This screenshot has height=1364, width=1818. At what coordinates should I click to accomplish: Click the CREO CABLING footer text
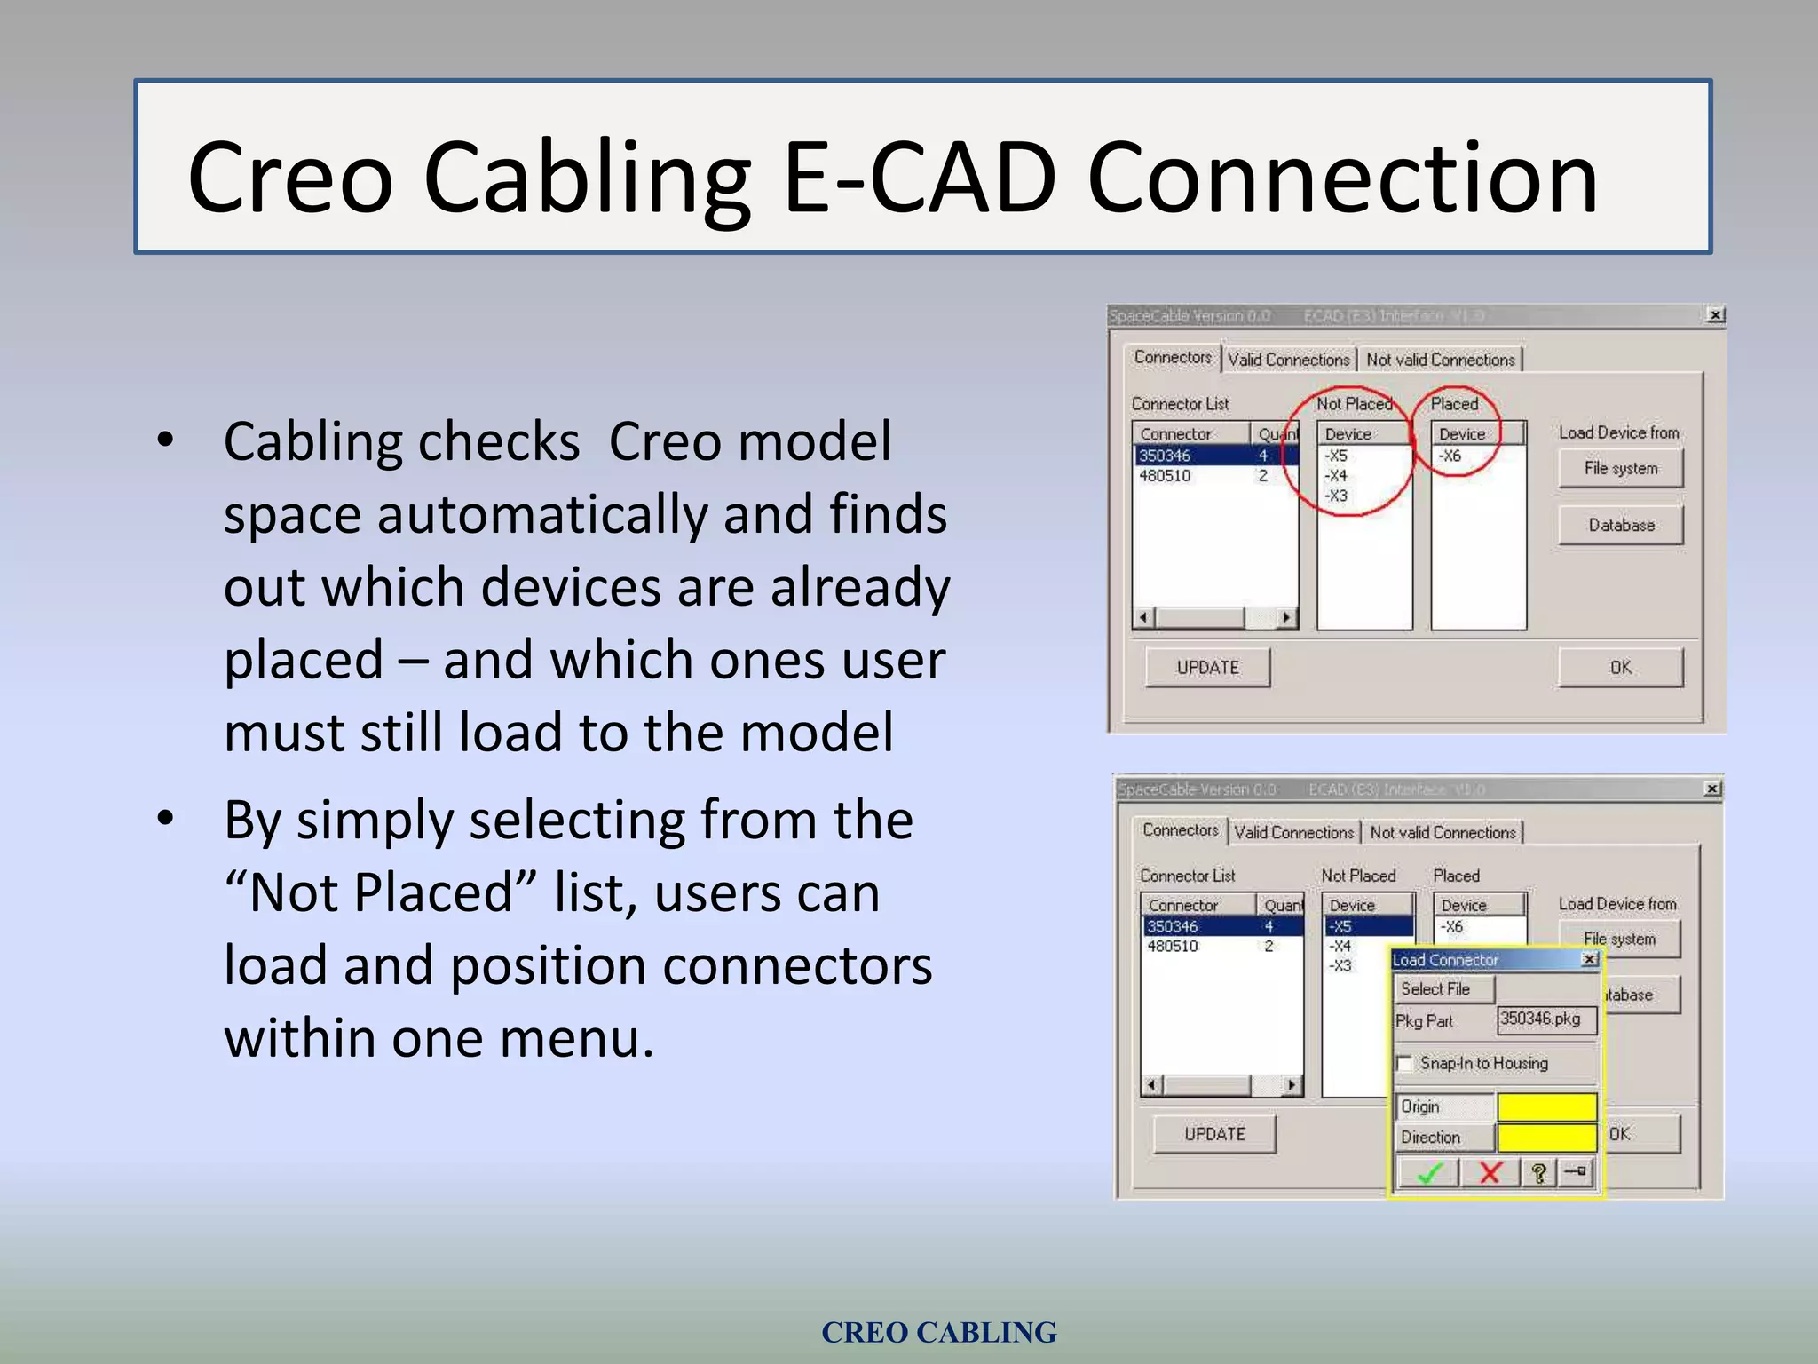click(x=938, y=1332)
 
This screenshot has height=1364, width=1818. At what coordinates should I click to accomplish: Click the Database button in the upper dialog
click(x=1620, y=525)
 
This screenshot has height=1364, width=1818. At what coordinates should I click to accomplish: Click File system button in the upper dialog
click(x=1620, y=468)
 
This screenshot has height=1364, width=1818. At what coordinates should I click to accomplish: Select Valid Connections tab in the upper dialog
click(x=1288, y=360)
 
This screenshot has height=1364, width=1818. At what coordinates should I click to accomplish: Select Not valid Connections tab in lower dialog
click(x=1443, y=832)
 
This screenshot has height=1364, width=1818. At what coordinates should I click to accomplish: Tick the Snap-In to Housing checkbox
click(x=1404, y=1063)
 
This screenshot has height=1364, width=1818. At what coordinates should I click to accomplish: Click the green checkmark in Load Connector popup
click(x=1428, y=1173)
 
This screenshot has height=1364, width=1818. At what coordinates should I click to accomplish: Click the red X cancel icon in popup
click(x=1490, y=1173)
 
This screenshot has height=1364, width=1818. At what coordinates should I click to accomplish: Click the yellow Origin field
click(x=1546, y=1106)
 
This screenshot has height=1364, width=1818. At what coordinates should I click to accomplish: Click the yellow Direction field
click(x=1546, y=1137)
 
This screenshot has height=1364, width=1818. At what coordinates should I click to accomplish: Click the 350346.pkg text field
click(x=1545, y=1019)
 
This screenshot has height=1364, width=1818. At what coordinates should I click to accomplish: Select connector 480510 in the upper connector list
click(x=1166, y=476)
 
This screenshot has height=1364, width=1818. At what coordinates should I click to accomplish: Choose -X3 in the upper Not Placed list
click(x=1337, y=496)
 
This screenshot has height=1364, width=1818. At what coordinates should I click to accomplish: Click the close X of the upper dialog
click(x=1716, y=315)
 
